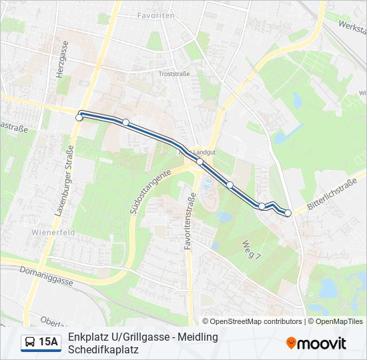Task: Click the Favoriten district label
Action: (x=155, y=15)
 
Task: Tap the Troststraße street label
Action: (x=175, y=74)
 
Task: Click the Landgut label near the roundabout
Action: (x=206, y=152)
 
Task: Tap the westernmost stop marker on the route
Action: (x=79, y=117)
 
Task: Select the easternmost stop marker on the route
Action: (x=288, y=213)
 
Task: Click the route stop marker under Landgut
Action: (x=200, y=161)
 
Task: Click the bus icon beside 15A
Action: (x=30, y=343)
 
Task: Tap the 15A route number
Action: (x=49, y=343)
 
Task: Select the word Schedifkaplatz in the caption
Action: (x=103, y=349)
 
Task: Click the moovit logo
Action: (x=316, y=343)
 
